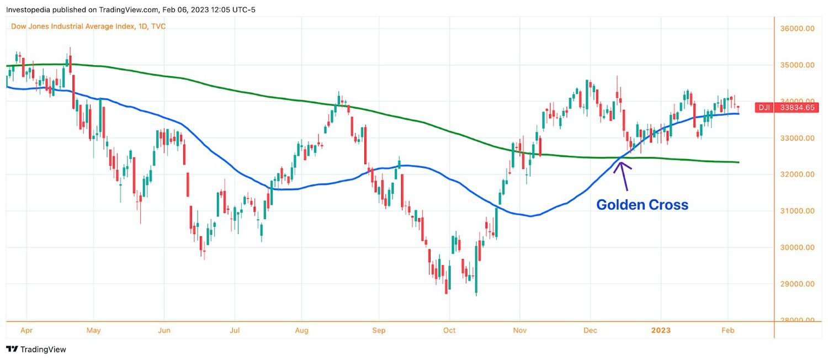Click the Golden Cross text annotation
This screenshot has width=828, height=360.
[x=642, y=205]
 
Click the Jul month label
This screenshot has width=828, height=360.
[x=234, y=330]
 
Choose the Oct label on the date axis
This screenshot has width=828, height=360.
[x=449, y=330]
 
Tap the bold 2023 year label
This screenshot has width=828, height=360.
[x=660, y=330]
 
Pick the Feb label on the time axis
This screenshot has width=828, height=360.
[x=728, y=330]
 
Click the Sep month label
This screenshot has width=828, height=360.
[x=379, y=330]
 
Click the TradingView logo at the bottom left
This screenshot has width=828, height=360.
[x=36, y=350]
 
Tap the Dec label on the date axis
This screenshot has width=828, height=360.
[x=590, y=330]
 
